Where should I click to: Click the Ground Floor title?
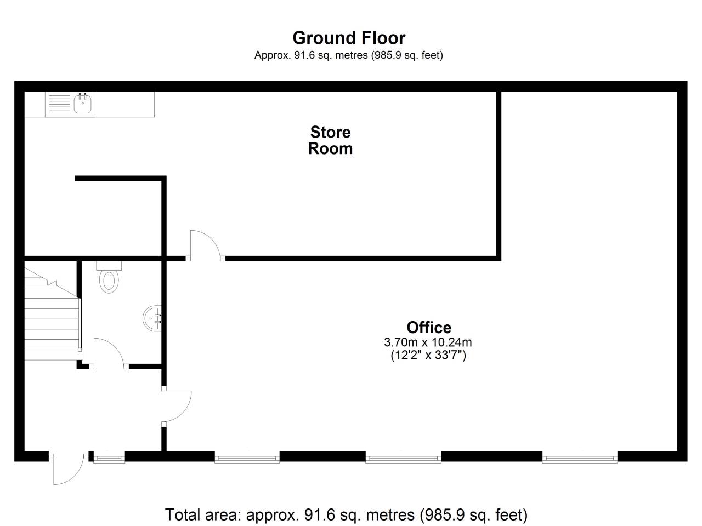click(x=349, y=38)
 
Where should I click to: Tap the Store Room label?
click(x=330, y=140)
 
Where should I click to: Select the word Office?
click(x=429, y=328)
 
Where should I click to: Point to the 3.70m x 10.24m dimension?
click(x=428, y=342)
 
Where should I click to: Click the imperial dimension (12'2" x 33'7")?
click(x=428, y=356)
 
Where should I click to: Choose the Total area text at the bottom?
click(x=346, y=515)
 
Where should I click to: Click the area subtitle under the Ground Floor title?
click(x=348, y=55)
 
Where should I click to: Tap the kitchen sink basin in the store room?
click(x=83, y=104)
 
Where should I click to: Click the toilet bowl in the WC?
click(x=109, y=281)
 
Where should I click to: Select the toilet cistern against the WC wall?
click(x=109, y=266)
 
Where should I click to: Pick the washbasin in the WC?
click(x=152, y=317)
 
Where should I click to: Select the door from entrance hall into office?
click(x=177, y=406)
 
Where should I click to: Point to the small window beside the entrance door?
click(x=109, y=457)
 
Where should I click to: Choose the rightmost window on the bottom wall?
click(x=580, y=457)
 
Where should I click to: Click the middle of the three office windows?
click(x=403, y=457)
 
